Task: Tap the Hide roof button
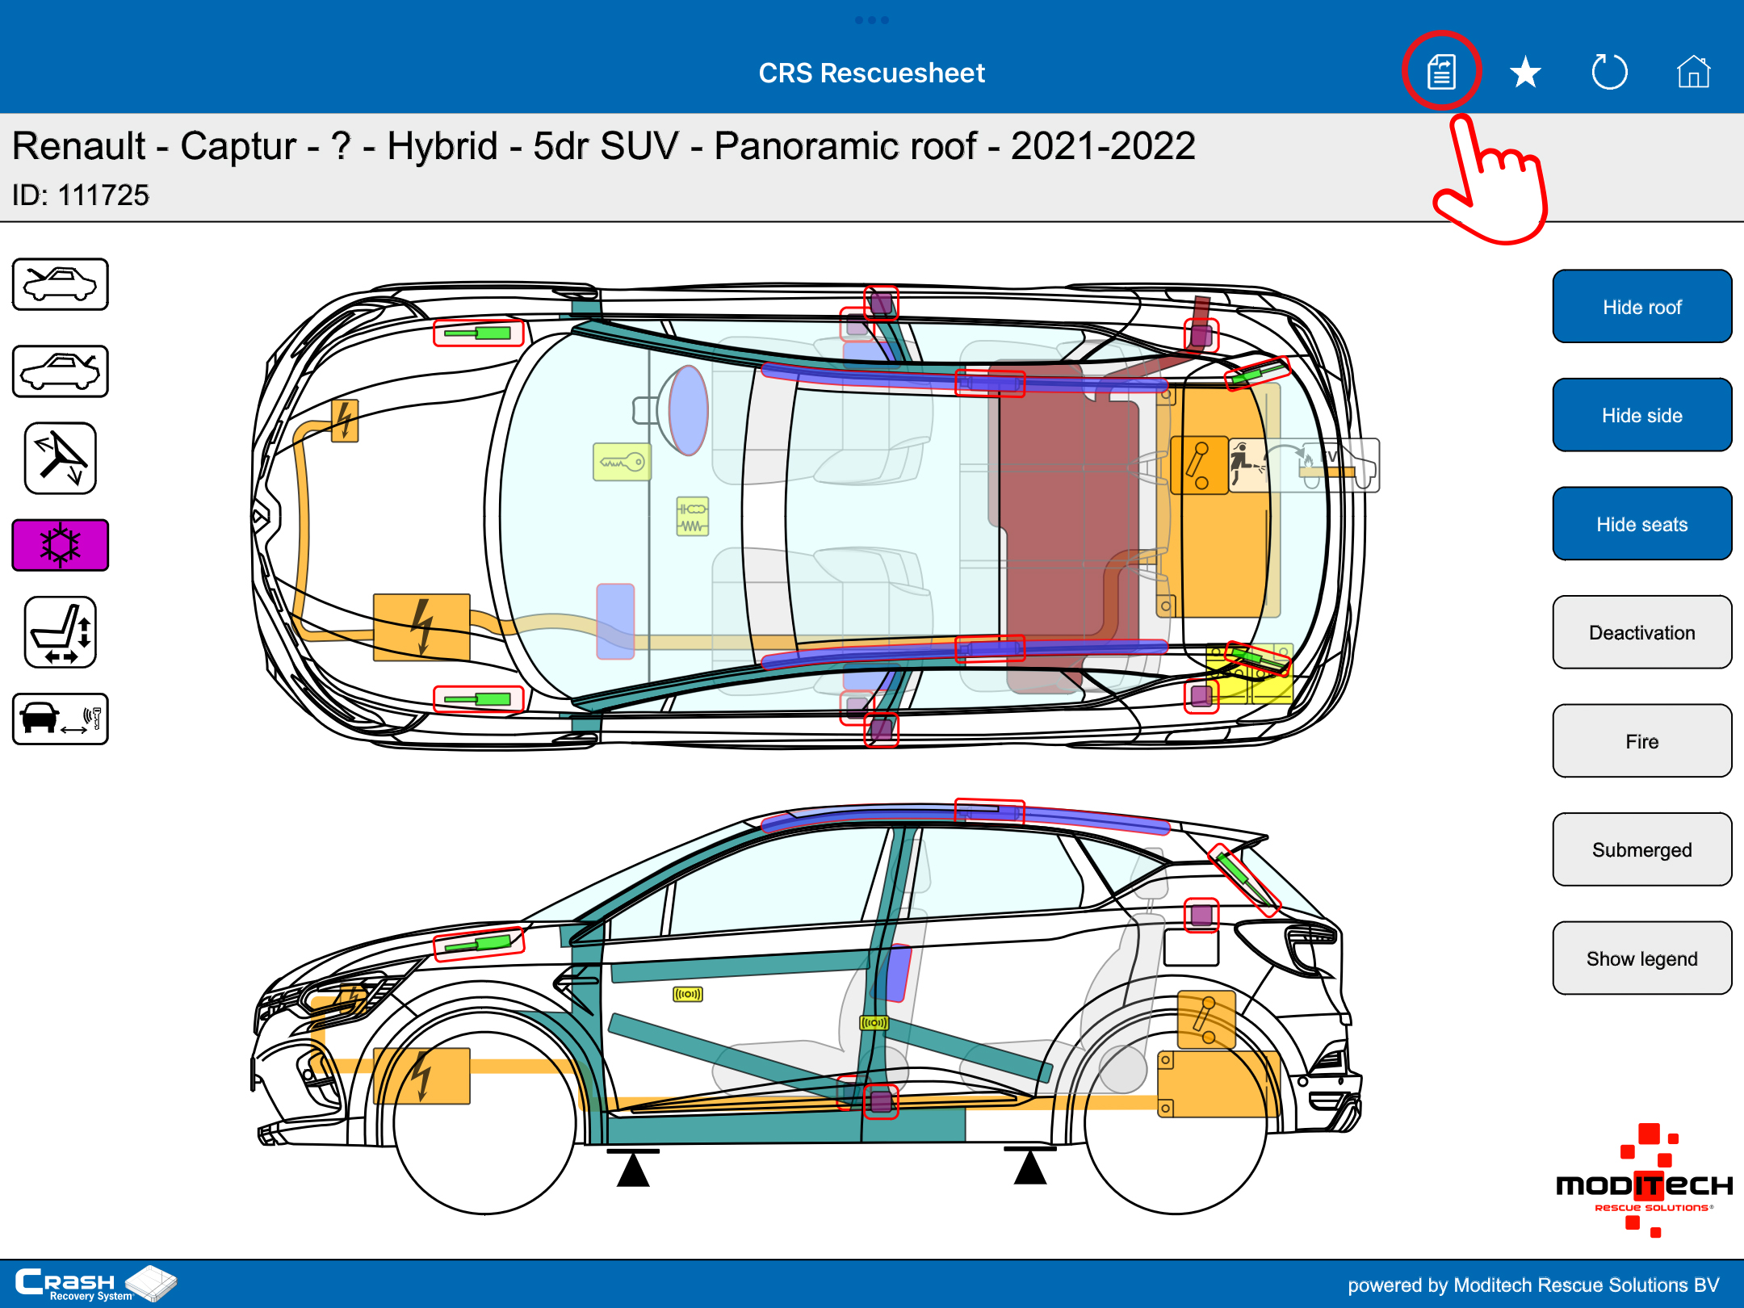[x=1641, y=307]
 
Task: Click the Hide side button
[x=1641, y=415]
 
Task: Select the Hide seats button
[x=1641, y=524]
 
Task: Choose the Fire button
[x=1641, y=741]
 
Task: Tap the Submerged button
[x=1641, y=849]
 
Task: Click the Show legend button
[x=1641, y=958]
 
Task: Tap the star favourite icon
[x=1525, y=73]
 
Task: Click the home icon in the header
[x=1693, y=72]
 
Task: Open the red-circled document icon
[x=1441, y=72]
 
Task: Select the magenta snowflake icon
[x=61, y=545]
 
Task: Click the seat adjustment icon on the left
[x=61, y=632]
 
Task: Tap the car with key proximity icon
[x=61, y=719]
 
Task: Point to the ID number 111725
[x=103, y=195]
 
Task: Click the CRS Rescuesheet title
[x=872, y=73]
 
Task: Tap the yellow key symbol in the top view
[x=622, y=462]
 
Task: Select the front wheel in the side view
[x=484, y=1123]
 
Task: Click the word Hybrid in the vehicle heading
[x=442, y=147]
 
